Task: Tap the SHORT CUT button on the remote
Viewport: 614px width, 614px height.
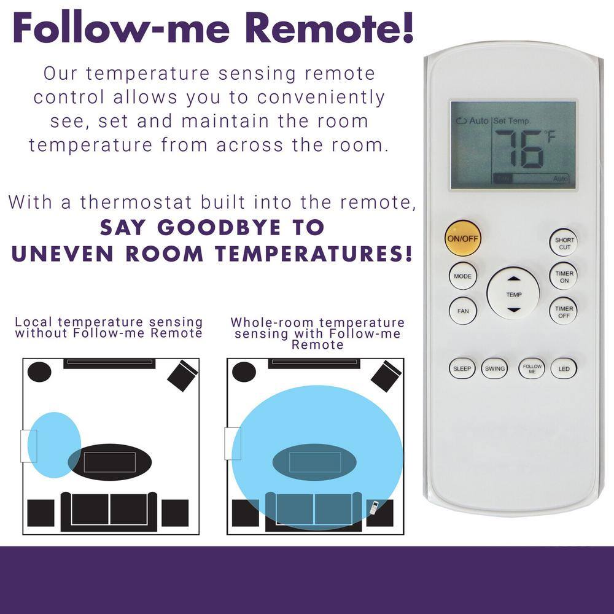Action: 564,243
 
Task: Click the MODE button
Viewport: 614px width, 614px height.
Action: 462,276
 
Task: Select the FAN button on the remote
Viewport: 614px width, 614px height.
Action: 462,311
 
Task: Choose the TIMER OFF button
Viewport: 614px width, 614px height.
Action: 564,312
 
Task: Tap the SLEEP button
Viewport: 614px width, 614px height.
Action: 462,368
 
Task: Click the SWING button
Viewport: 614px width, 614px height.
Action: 494,368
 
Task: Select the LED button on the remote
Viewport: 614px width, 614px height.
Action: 564,368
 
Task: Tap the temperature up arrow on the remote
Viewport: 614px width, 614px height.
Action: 513,279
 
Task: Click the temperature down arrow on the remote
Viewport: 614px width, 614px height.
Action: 513,310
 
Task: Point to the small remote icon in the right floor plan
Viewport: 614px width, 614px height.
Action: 374,508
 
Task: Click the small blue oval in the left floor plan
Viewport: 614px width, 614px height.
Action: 55,445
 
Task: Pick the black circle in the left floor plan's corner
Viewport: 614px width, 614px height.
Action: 39,371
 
